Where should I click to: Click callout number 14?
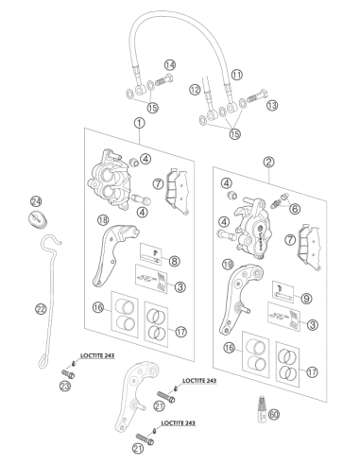[170, 65]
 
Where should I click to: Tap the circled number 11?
[236, 75]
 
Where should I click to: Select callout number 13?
[272, 105]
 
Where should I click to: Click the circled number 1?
[140, 123]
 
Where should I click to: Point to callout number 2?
[268, 162]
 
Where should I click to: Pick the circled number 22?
[41, 309]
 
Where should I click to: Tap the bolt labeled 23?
[68, 373]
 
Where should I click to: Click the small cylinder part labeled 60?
[262, 409]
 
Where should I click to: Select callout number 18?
[103, 220]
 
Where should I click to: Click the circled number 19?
[228, 265]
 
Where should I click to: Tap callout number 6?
[295, 209]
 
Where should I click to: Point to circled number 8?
[174, 261]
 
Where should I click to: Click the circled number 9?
[306, 298]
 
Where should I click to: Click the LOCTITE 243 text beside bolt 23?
[97, 355]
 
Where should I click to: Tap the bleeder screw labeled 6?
[280, 201]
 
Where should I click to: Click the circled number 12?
[195, 90]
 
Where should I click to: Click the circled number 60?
[274, 414]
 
